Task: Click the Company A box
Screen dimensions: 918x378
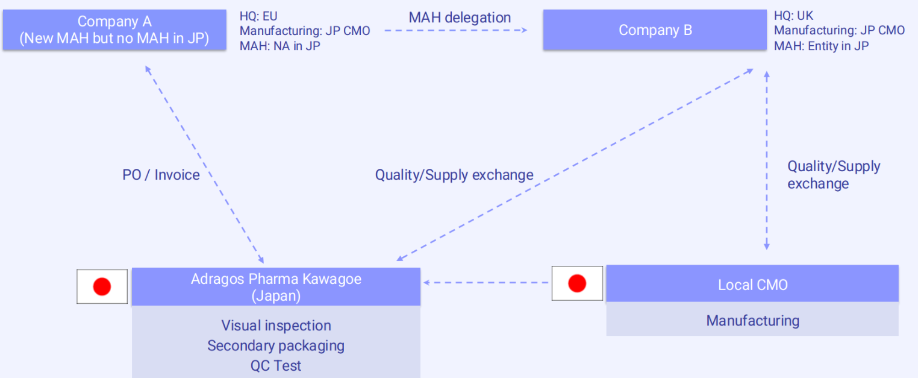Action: pyautogui.click(x=114, y=30)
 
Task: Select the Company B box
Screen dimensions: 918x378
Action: pyautogui.click(x=655, y=30)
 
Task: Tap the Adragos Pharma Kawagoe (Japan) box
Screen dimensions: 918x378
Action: pyautogui.click(x=276, y=286)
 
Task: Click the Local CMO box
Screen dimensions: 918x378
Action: pyautogui.click(x=752, y=284)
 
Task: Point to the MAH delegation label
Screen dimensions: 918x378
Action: pyautogui.click(x=460, y=17)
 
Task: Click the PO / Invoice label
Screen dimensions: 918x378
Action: pyautogui.click(x=161, y=175)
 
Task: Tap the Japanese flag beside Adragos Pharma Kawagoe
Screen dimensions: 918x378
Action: pyautogui.click(x=102, y=286)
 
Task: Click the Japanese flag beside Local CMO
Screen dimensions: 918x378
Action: pyautogui.click(x=577, y=283)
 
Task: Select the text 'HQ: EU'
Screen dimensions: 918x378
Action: pyautogui.click(x=258, y=16)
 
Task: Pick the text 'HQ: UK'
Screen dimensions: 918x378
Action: pyautogui.click(x=793, y=16)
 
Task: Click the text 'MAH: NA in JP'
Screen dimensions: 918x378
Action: pyautogui.click(x=280, y=46)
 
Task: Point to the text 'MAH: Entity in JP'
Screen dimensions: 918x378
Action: pyautogui.click(x=821, y=46)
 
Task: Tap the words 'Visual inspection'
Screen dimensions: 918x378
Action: pyautogui.click(x=276, y=326)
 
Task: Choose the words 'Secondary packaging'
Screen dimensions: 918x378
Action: pyautogui.click(x=276, y=345)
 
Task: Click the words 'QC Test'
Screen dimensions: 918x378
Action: pyautogui.click(x=276, y=366)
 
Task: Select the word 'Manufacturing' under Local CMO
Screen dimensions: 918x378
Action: pyautogui.click(x=752, y=320)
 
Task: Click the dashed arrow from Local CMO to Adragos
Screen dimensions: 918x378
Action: pyautogui.click(x=486, y=283)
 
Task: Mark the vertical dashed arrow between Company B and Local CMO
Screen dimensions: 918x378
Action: pyautogui.click(x=767, y=161)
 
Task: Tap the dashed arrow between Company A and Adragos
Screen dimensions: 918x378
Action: pyautogui.click(x=204, y=164)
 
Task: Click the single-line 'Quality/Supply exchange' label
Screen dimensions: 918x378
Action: pyautogui.click(x=454, y=175)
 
